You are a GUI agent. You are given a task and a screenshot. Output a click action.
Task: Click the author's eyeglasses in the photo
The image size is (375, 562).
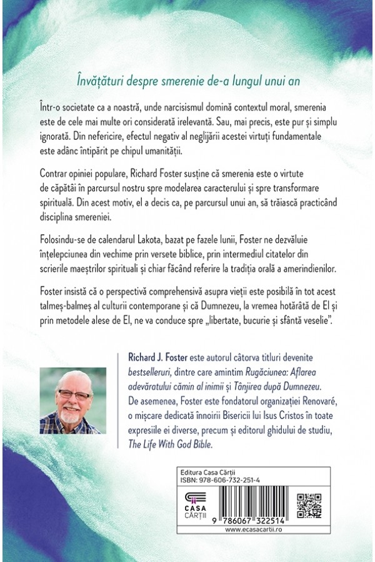[x=74, y=395]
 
